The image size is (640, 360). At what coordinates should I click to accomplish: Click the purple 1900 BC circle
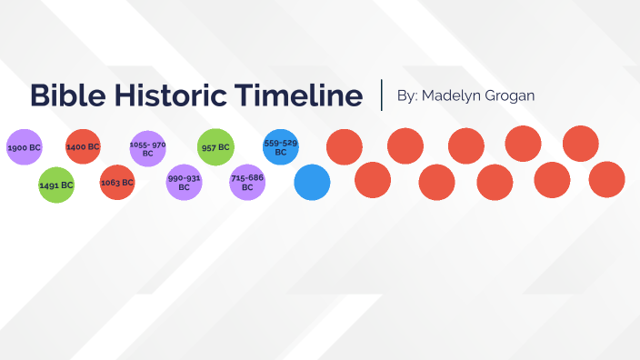coord(25,147)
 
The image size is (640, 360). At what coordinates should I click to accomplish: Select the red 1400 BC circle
coord(83,147)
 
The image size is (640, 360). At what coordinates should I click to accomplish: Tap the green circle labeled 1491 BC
coord(56,185)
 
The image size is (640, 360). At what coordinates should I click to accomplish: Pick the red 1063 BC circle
coord(117,183)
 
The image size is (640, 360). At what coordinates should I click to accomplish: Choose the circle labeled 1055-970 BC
coord(148,149)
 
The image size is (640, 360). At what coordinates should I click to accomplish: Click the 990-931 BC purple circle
coord(184,183)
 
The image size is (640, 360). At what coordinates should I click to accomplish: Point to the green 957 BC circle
coord(215,147)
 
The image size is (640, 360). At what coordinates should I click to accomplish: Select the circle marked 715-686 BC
coord(247,182)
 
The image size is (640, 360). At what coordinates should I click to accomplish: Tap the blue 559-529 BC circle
coord(281,147)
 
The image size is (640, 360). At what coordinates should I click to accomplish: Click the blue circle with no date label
coord(312,183)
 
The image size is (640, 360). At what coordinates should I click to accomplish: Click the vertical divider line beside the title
coord(382,95)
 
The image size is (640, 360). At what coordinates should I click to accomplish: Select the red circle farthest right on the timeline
coord(607,180)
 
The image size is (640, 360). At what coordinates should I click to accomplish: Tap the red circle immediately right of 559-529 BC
coord(344,147)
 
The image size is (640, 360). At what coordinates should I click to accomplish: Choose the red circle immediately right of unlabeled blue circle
coord(373,180)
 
